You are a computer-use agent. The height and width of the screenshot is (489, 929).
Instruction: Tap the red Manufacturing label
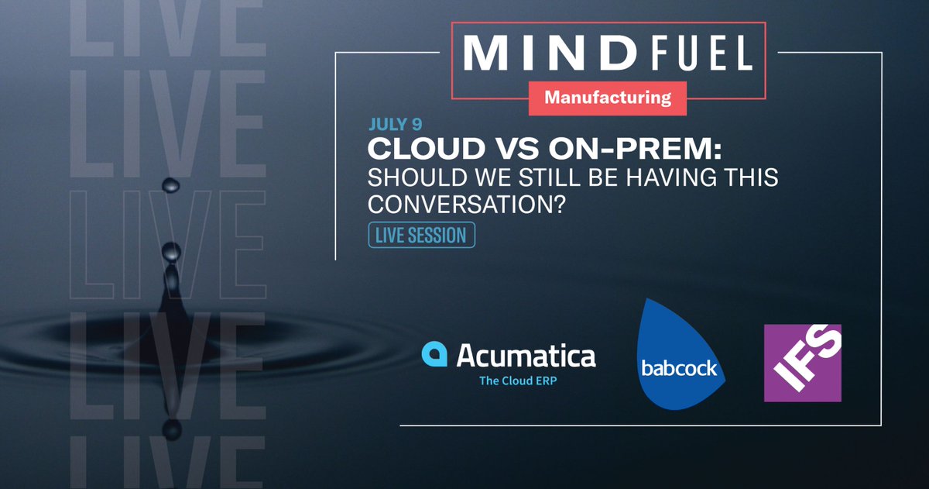[608, 98]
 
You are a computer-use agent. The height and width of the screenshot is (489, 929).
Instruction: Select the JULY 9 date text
[396, 125]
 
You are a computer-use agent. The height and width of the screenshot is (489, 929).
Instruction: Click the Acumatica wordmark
[526, 356]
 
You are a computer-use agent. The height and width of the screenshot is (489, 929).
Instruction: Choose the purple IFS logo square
[802, 363]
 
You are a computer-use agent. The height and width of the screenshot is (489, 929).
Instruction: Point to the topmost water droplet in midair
[170, 184]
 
